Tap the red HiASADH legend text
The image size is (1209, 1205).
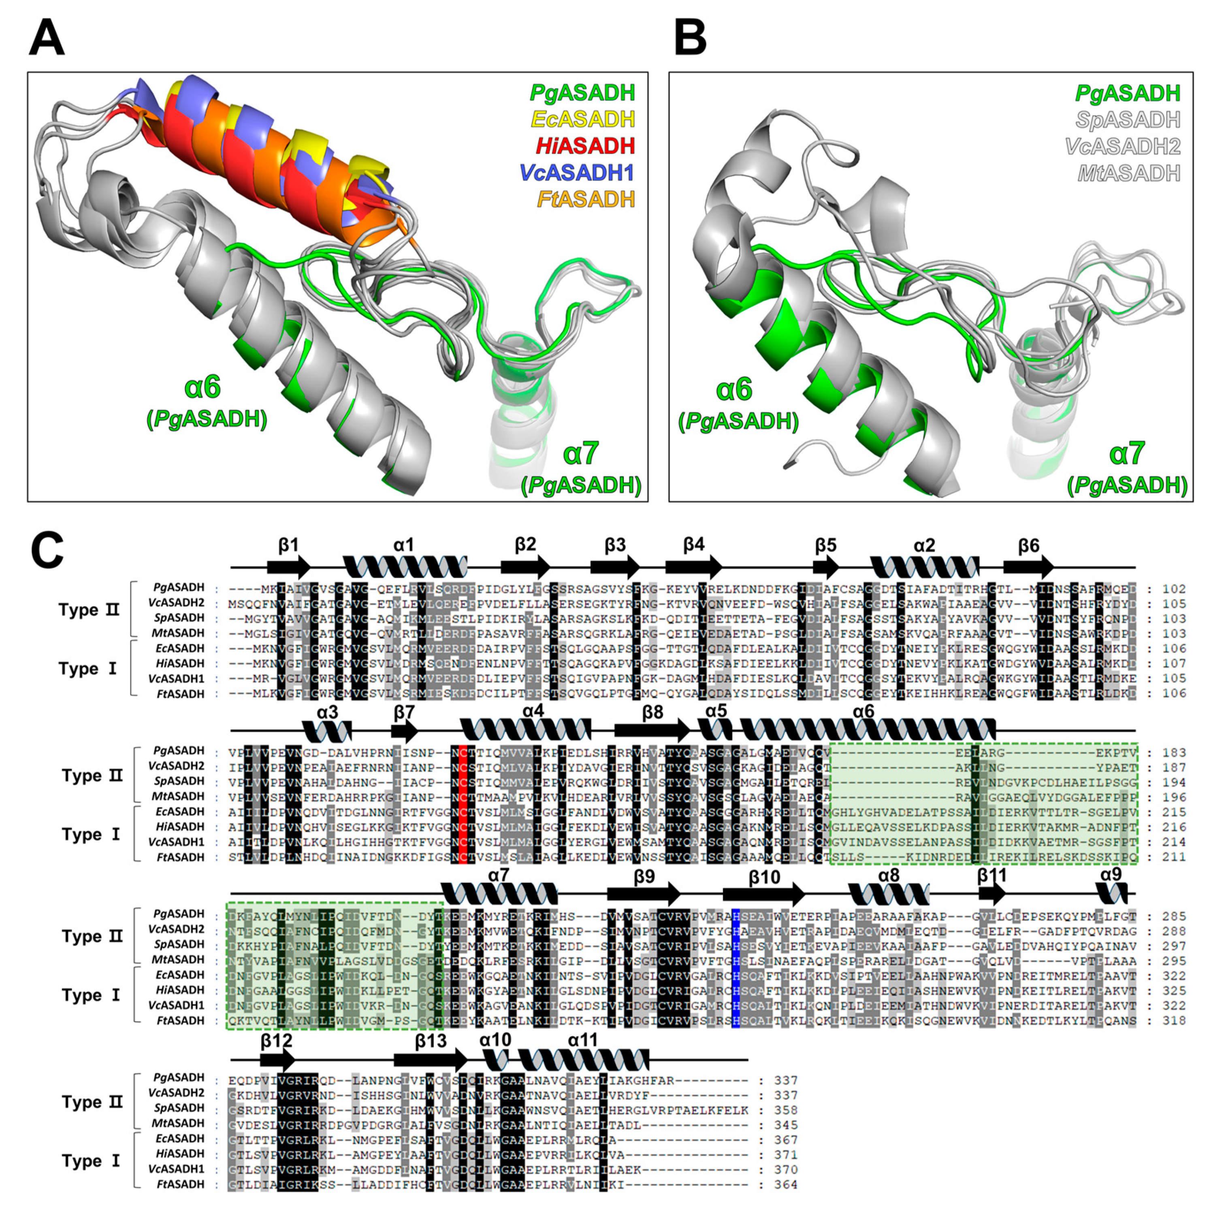pos(585,146)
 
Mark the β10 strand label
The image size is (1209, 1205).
pos(764,877)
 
